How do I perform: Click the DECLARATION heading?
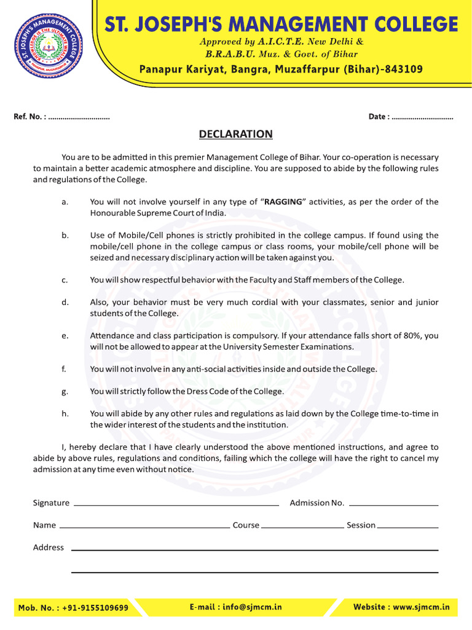pyautogui.click(x=235, y=134)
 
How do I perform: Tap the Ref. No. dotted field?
pyautogui.click(x=79, y=117)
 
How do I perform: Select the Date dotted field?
pyautogui.click(x=422, y=117)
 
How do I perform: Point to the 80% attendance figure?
pyautogui.click(x=403, y=336)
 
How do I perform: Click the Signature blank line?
pyautogui.click(x=176, y=504)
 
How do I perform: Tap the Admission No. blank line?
pyautogui.click(x=393, y=504)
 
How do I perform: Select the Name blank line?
pyautogui.click(x=144, y=527)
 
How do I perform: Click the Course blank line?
pyautogui.click(x=302, y=527)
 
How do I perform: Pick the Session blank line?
pyautogui.click(x=407, y=527)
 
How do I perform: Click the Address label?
pyautogui.click(x=49, y=548)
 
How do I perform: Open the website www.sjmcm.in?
pyautogui.click(x=421, y=607)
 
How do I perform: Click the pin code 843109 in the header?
pyautogui.click(x=403, y=69)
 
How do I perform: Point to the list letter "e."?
pyautogui.click(x=65, y=336)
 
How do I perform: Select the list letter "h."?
pyautogui.click(x=65, y=414)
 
